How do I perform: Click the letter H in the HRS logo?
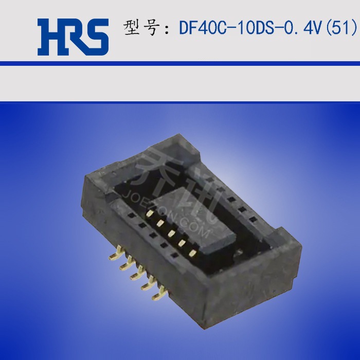50,37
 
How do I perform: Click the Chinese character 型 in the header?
132,28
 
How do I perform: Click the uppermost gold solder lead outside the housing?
117,250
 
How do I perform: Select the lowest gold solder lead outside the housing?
157,294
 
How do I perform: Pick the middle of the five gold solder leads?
136,273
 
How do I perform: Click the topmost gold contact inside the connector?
150,212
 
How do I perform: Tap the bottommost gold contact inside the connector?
193,253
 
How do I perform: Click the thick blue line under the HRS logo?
180,63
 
